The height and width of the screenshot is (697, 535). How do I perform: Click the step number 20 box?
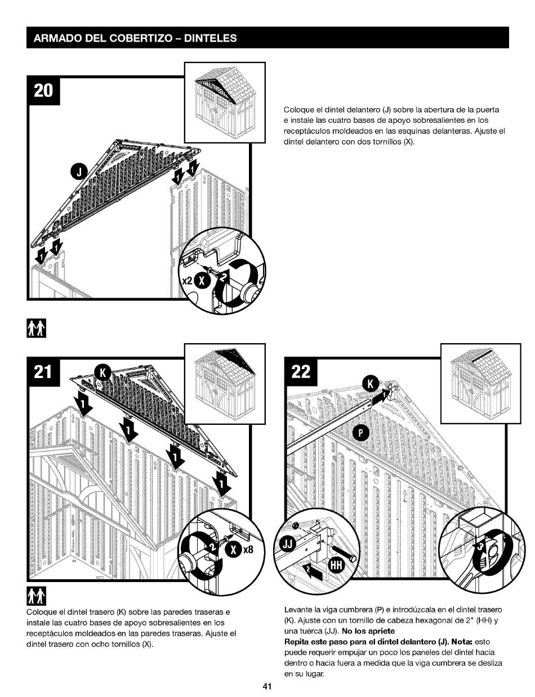(43, 92)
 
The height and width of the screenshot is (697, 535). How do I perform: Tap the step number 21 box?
(43, 373)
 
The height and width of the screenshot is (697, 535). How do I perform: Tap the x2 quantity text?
(186, 281)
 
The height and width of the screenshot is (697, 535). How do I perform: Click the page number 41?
(267, 687)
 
